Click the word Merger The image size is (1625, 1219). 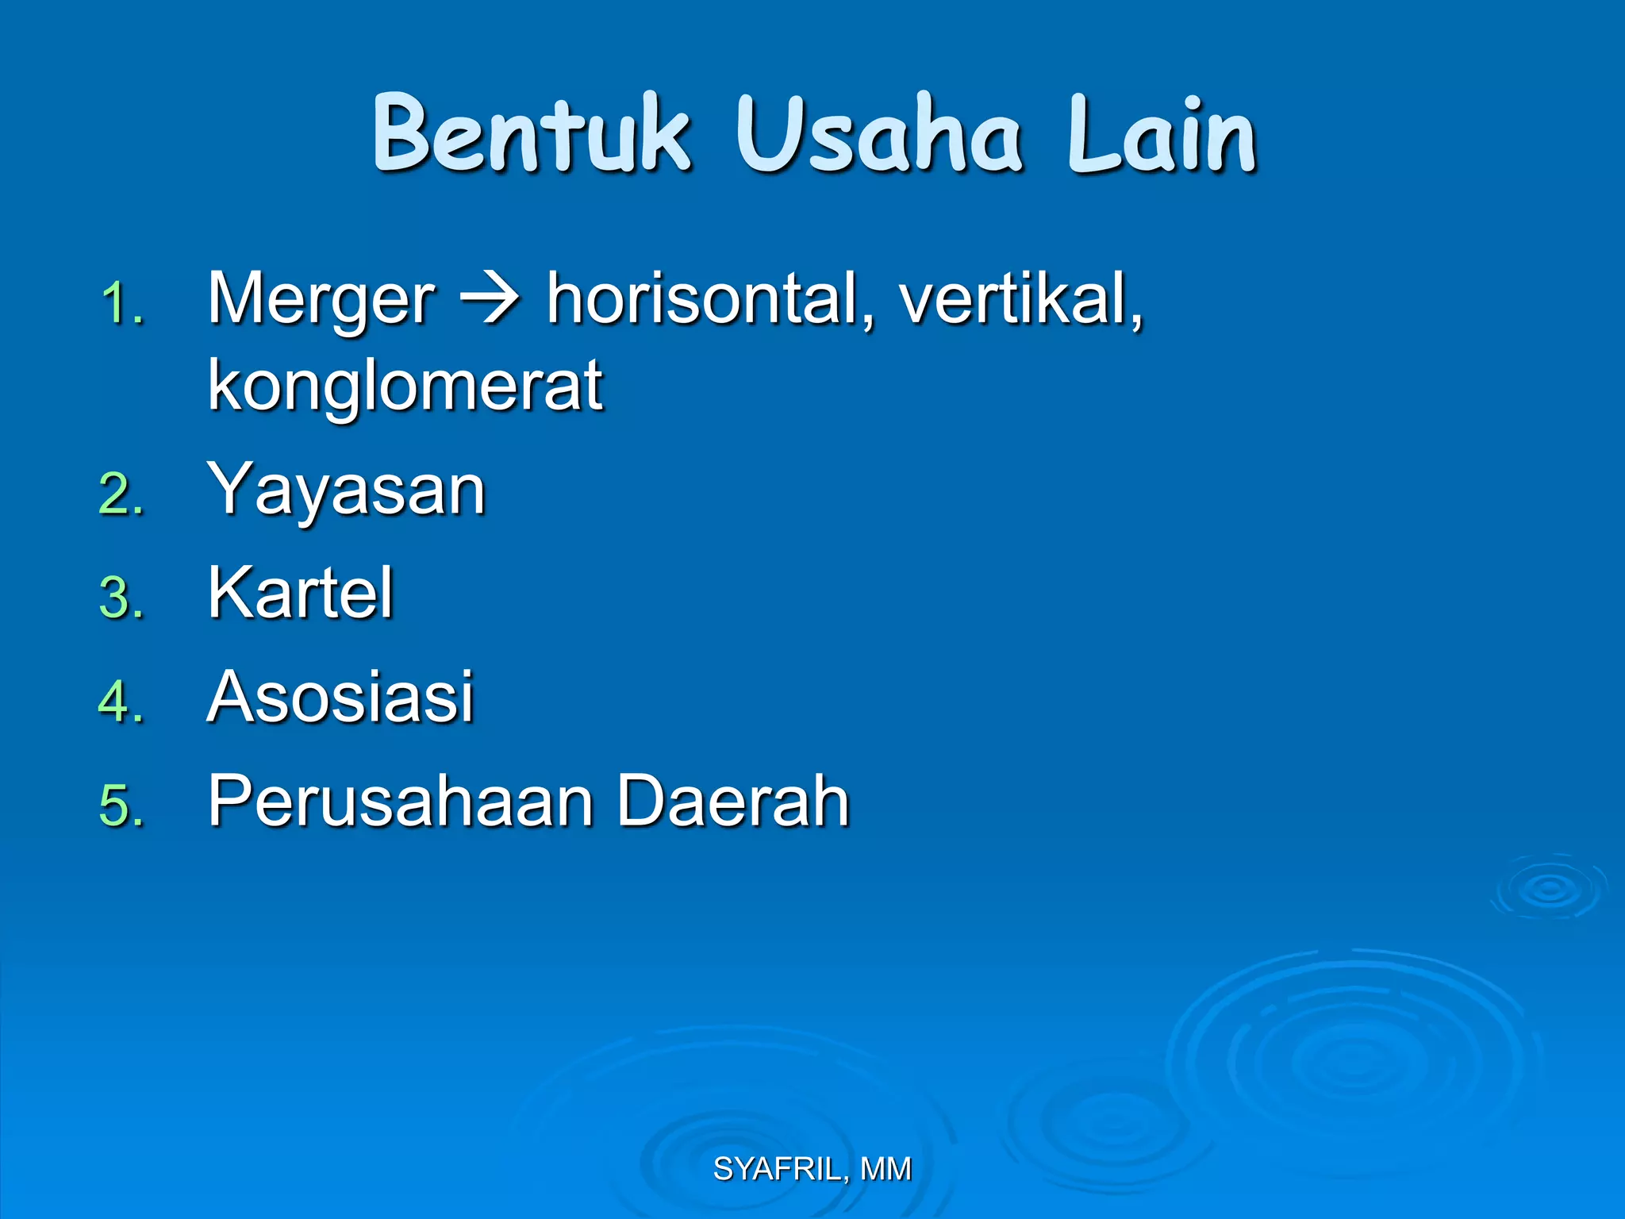pyautogui.click(x=321, y=299)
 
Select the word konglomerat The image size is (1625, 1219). pyautogui.click(x=405, y=386)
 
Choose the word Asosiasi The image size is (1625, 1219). pyautogui.click(x=340, y=696)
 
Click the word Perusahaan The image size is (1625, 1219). pyautogui.click(x=401, y=801)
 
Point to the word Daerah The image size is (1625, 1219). pyautogui.click(x=733, y=801)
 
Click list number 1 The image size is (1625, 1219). pyautogui.click(x=121, y=304)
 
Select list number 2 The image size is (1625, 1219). pyautogui.click(x=121, y=494)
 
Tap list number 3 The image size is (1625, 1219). pyautogui.click(x=121, y=598)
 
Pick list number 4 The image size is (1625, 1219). pyautogui.click(x=121, y=702)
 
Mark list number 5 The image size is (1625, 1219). pyautogui.click(x=121, y=806)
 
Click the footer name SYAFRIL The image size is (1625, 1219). pyautogui.click(x=776, y=1169)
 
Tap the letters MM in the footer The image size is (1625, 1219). pyautogui.click(x=885, y=1169)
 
